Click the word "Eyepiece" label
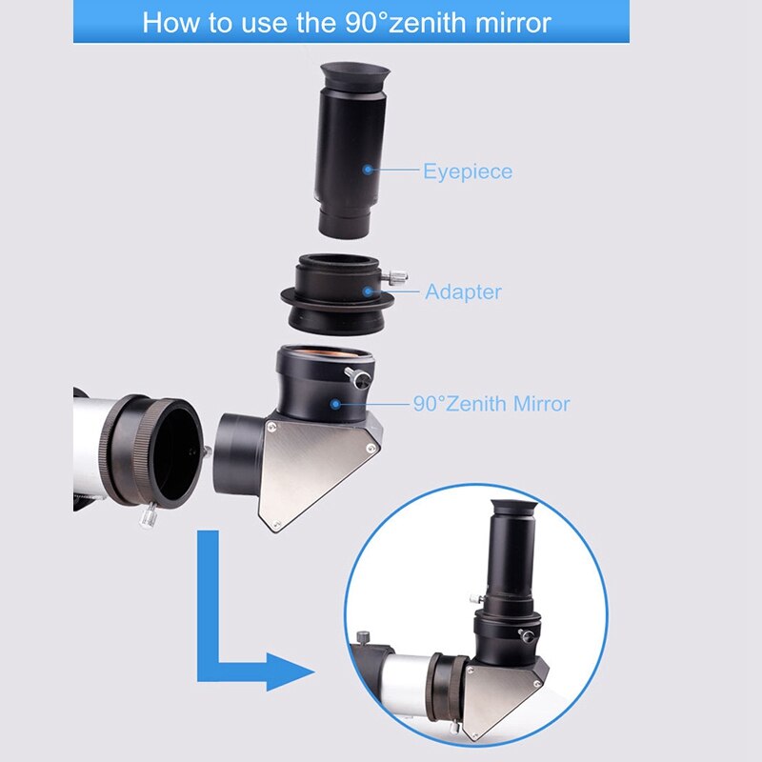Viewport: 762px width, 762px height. (468, 172)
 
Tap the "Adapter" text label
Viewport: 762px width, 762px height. (463, 291)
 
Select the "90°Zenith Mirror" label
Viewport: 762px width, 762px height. (491, 404)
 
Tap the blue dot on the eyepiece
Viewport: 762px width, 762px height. (368, 170)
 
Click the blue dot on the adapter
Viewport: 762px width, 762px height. (368, 291)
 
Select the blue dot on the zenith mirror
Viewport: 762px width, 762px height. (335, 404)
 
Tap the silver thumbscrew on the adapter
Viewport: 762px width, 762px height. (395, 277)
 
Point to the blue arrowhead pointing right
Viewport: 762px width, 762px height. (291, 672)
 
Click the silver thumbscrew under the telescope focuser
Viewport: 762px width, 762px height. (149, 515)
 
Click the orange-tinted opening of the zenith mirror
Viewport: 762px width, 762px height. (325, 352)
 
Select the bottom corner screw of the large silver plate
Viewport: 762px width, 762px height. (276, 523)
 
